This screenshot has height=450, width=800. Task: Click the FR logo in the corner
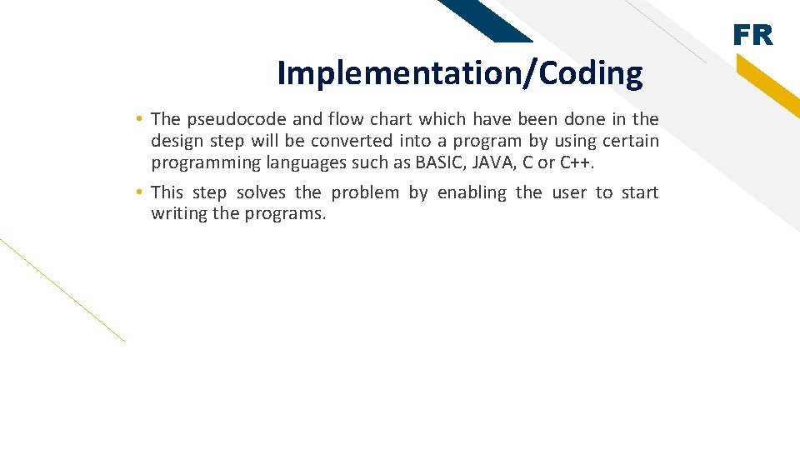click(752, 35)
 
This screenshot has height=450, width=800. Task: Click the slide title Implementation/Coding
click(460, 73)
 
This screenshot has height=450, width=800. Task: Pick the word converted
click(351, 142)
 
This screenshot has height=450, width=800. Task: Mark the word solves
click(262, 192)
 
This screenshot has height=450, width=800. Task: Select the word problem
click(365, 192)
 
